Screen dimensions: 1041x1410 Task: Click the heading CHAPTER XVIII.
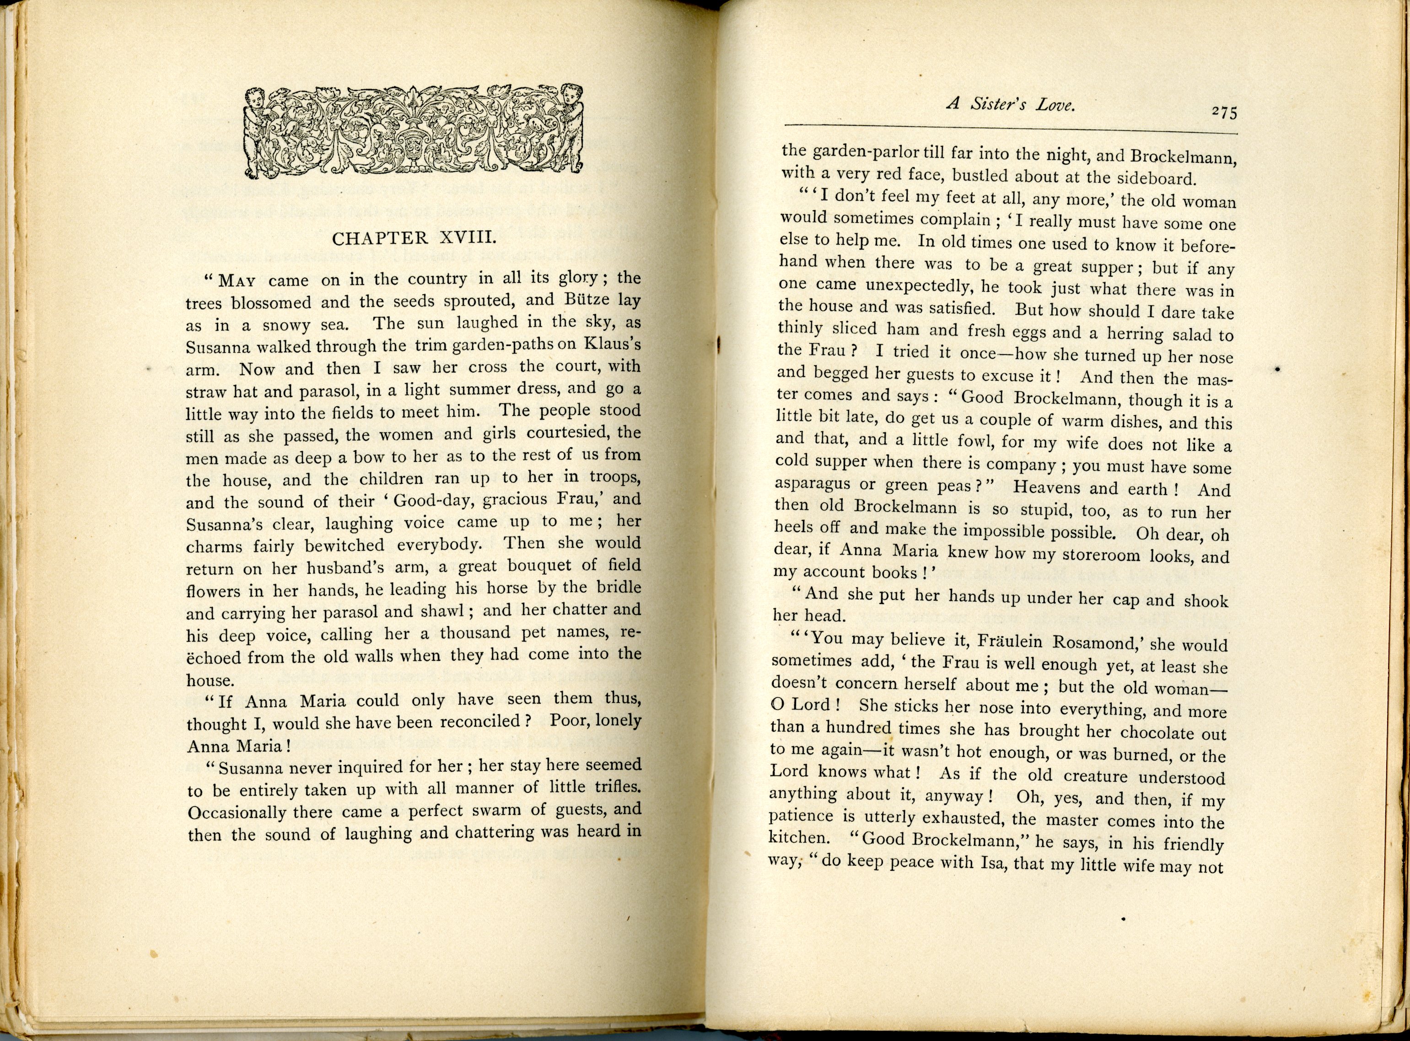coord(414,238)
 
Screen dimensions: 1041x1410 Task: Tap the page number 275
coord(1223,113)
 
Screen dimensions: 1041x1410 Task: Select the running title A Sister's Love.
coord(1011,105)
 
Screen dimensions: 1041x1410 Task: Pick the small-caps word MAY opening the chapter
coord(237,281)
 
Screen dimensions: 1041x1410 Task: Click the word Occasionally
coord(237,813)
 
